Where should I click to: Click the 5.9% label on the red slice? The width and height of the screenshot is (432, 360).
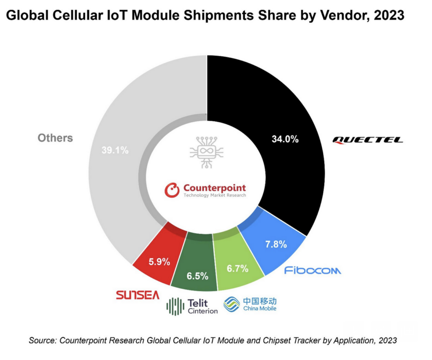point(159,262)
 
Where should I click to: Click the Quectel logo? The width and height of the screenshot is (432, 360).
point(367,140)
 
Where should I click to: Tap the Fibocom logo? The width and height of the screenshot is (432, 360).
point(313,270)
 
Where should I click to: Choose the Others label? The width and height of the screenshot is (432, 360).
point(55,138)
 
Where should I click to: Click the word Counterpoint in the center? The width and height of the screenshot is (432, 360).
point(214,188)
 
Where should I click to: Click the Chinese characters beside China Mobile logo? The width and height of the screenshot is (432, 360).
point(259,301)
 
